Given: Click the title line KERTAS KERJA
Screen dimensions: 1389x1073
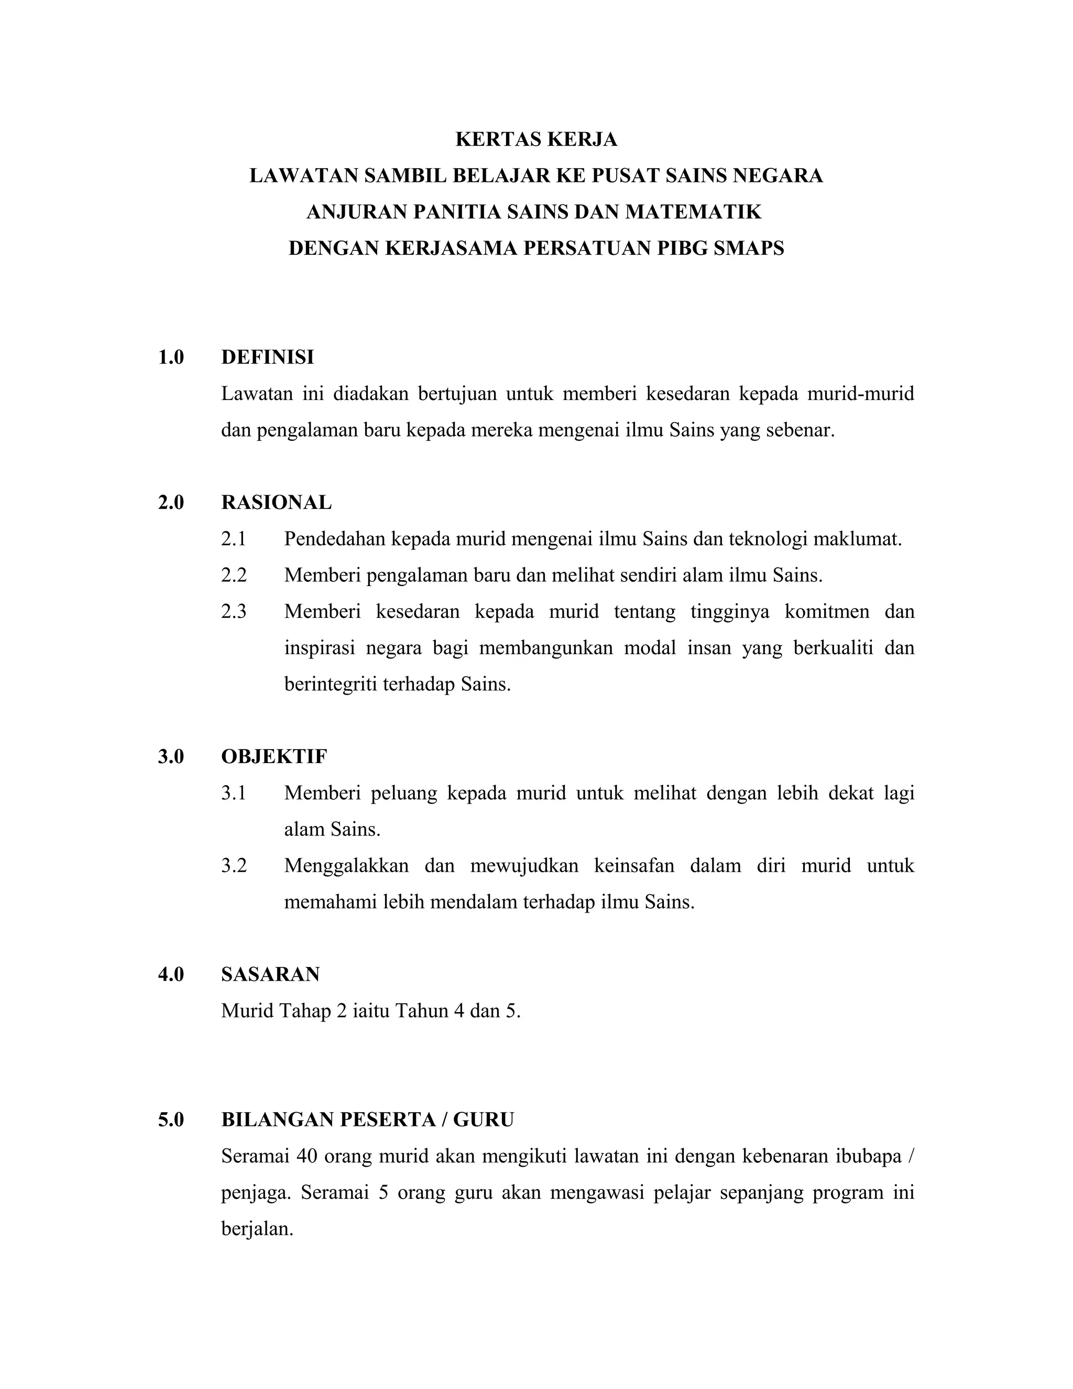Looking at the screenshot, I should click(x=536, y=139).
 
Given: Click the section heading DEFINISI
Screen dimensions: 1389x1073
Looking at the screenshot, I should click(x=267, y=357).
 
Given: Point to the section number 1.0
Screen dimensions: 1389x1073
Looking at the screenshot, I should click(x=170, y=357).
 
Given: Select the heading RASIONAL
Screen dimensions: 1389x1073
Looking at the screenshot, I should click(x=276, y=503).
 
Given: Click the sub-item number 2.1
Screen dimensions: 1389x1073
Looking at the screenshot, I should click(x=233, y=539).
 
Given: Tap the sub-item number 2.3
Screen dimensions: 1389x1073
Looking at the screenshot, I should click(x=233, y=612).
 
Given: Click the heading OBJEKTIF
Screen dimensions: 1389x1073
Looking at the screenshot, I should click(x=274, y=757).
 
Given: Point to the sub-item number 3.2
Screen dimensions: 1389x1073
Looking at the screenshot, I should click(x=233, y=865).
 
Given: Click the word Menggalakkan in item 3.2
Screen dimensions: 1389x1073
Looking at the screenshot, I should click(x=346, y=865).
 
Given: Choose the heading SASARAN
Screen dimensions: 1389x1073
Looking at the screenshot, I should click(x=270, y=974).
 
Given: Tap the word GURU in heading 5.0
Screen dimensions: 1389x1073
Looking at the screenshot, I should click(x=483, y=1120).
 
